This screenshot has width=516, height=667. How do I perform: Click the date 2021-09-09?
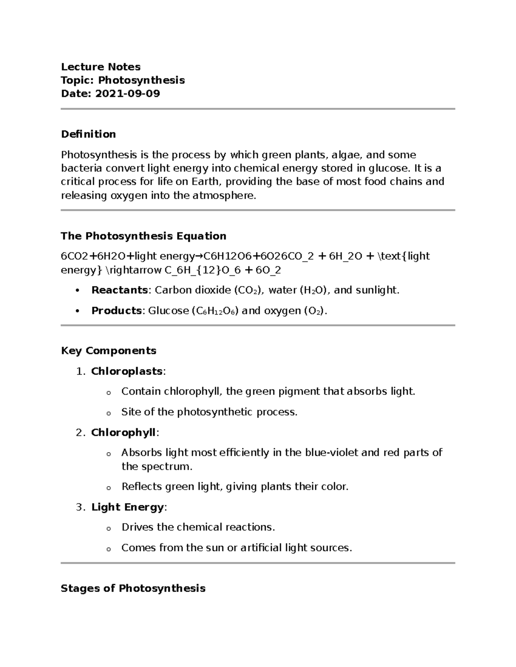(127, 94)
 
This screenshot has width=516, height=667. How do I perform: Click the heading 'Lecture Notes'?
(101, 67)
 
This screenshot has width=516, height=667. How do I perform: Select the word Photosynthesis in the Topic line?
(141, 80)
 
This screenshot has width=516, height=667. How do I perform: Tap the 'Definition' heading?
(88, 134)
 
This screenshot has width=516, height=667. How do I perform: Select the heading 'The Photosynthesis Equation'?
(143, 236)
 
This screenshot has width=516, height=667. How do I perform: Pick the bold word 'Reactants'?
(120, 290)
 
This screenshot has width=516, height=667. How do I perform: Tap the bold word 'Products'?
(117, 311)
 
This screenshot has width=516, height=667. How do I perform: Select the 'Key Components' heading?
(108, 351)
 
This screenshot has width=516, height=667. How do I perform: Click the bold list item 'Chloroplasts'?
(127, 371)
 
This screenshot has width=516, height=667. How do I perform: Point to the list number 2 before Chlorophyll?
(79, 432)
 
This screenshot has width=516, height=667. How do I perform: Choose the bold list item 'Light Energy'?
(127, 507)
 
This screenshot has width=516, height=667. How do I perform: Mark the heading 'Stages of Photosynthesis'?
(133, 588)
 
